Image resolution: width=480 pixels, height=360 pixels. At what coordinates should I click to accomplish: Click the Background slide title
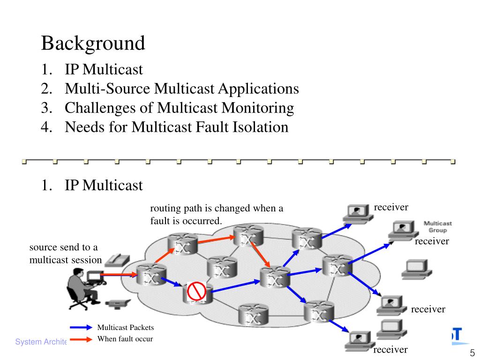(x=93, y=43)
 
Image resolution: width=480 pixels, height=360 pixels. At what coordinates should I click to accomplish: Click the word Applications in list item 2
(x=258, y=89)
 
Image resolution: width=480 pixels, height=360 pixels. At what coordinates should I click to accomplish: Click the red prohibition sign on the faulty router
(x=196, y=291)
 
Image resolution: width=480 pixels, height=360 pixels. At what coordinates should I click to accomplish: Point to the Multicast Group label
(x=437, y=227)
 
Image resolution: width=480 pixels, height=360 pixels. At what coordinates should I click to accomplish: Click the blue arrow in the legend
(x=81, y=328)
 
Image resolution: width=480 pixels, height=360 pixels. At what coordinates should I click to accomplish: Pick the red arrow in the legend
(x=81, y=339)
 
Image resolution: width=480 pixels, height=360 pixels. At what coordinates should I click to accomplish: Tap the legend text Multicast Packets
(x=126, y=328)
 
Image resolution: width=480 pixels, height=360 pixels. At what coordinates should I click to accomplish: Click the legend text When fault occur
(x=125, y=339)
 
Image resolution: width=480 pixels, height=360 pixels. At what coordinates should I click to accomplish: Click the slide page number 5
(x=472, y=352)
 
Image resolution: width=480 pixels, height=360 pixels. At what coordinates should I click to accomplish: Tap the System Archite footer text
(x=41, y=342)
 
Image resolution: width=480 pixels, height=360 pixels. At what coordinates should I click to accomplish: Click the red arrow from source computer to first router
(x=119, y=275)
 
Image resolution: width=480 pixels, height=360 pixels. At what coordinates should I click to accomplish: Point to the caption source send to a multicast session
(x=66, y=254)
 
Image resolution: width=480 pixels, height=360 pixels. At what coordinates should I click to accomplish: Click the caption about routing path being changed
(x=217, y=214)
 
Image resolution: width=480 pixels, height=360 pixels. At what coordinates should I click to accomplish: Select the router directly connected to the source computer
(x=151, y=274)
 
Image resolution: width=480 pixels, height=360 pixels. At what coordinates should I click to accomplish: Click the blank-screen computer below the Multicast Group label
(x=417, y=269)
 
